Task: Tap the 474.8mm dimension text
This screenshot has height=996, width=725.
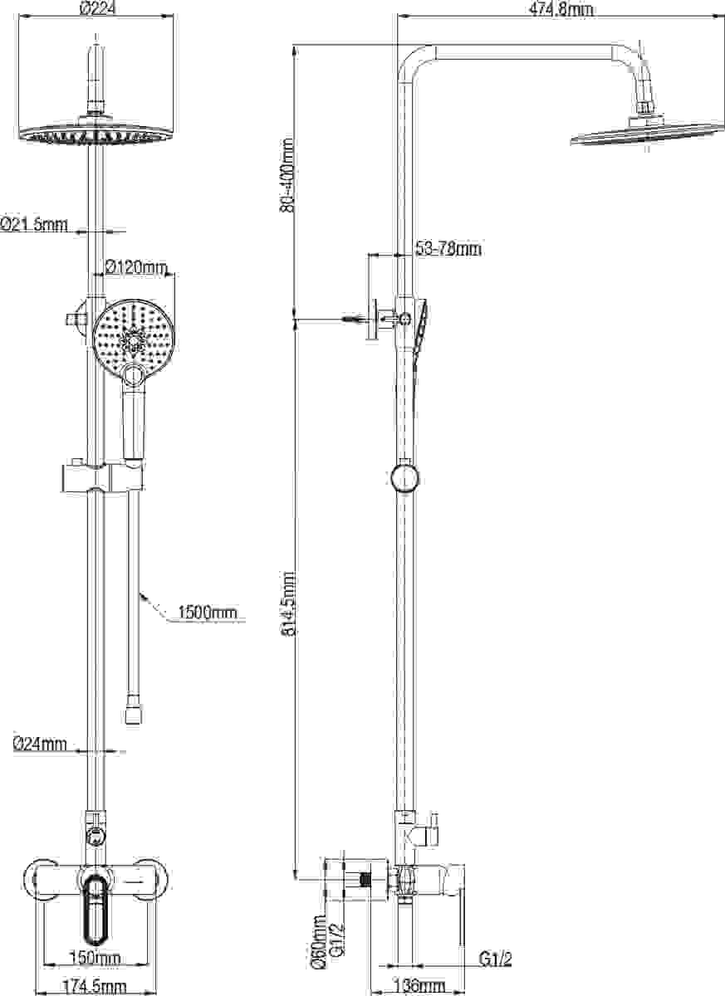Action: click(561, 10)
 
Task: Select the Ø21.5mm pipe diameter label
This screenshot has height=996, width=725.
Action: click(34, 225)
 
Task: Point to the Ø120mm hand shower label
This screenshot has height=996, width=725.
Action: click(136, 267)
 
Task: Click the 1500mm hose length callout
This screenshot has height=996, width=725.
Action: click(208, 613)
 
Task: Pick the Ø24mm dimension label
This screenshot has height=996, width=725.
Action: click(40, 744)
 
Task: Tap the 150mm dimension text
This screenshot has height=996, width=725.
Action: click(96, 957)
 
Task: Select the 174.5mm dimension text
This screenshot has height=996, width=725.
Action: click(95, 988)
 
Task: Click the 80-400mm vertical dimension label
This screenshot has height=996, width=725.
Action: click(287, 175)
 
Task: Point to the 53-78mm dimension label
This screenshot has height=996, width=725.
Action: click(448, 248)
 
